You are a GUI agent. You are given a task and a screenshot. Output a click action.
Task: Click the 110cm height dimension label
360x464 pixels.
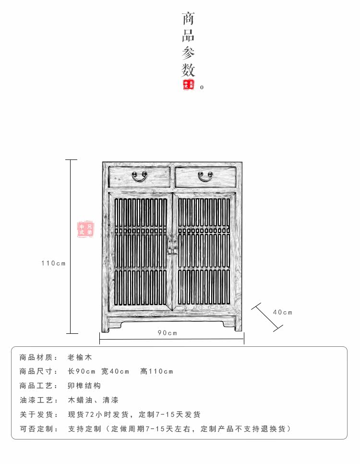pyautogui.click(x=53, y=263)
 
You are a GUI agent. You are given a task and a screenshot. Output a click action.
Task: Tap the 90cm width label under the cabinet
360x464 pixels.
pyautogui.click(x=168, y=333)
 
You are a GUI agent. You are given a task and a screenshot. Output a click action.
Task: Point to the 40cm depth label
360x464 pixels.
pyautogui.click(x=283, y=312)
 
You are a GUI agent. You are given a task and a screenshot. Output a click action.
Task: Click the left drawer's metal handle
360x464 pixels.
pyautogui.click(x=140, y=177)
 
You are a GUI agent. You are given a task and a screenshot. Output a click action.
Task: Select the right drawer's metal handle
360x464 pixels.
pyautogui.click(x=205, y=177)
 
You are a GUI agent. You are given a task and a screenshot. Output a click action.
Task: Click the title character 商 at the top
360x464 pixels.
pyautogui.click(x=188, y=20)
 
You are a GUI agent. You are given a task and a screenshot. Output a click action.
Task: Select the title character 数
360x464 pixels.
pyautogui.click(x=188, y=70)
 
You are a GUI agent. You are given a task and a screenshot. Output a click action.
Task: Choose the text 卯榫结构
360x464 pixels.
pyautogui.click(x=84, y=386)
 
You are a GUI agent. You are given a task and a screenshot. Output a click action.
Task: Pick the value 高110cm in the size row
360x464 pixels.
pyautogui.click(x=157, y=371)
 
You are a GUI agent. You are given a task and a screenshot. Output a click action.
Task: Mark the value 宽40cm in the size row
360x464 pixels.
pyautogui.click(x=116, y=371)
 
